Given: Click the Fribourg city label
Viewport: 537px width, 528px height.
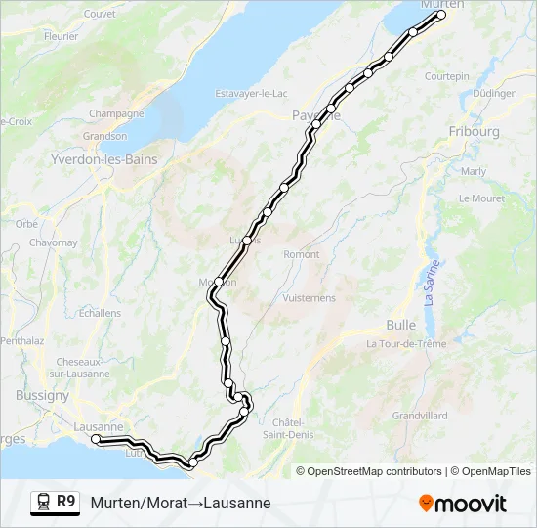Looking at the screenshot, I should coord(474,131).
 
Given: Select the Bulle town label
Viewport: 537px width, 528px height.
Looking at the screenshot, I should coord(401,324).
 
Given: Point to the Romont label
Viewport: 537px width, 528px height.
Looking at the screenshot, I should coord(301,254).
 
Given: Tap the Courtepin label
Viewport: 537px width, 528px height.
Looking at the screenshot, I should coord(447,76).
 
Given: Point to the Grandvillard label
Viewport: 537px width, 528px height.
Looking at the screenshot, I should coord(420,416).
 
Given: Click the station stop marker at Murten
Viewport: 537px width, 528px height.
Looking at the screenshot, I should coord(441,15).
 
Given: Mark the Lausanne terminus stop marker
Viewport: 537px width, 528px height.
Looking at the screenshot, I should coord(96,439).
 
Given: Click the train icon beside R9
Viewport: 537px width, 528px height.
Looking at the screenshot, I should coord(43,502).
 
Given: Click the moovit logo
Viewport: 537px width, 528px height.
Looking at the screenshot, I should coord(463,504).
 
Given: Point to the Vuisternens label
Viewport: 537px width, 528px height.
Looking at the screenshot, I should coord(309,298).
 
